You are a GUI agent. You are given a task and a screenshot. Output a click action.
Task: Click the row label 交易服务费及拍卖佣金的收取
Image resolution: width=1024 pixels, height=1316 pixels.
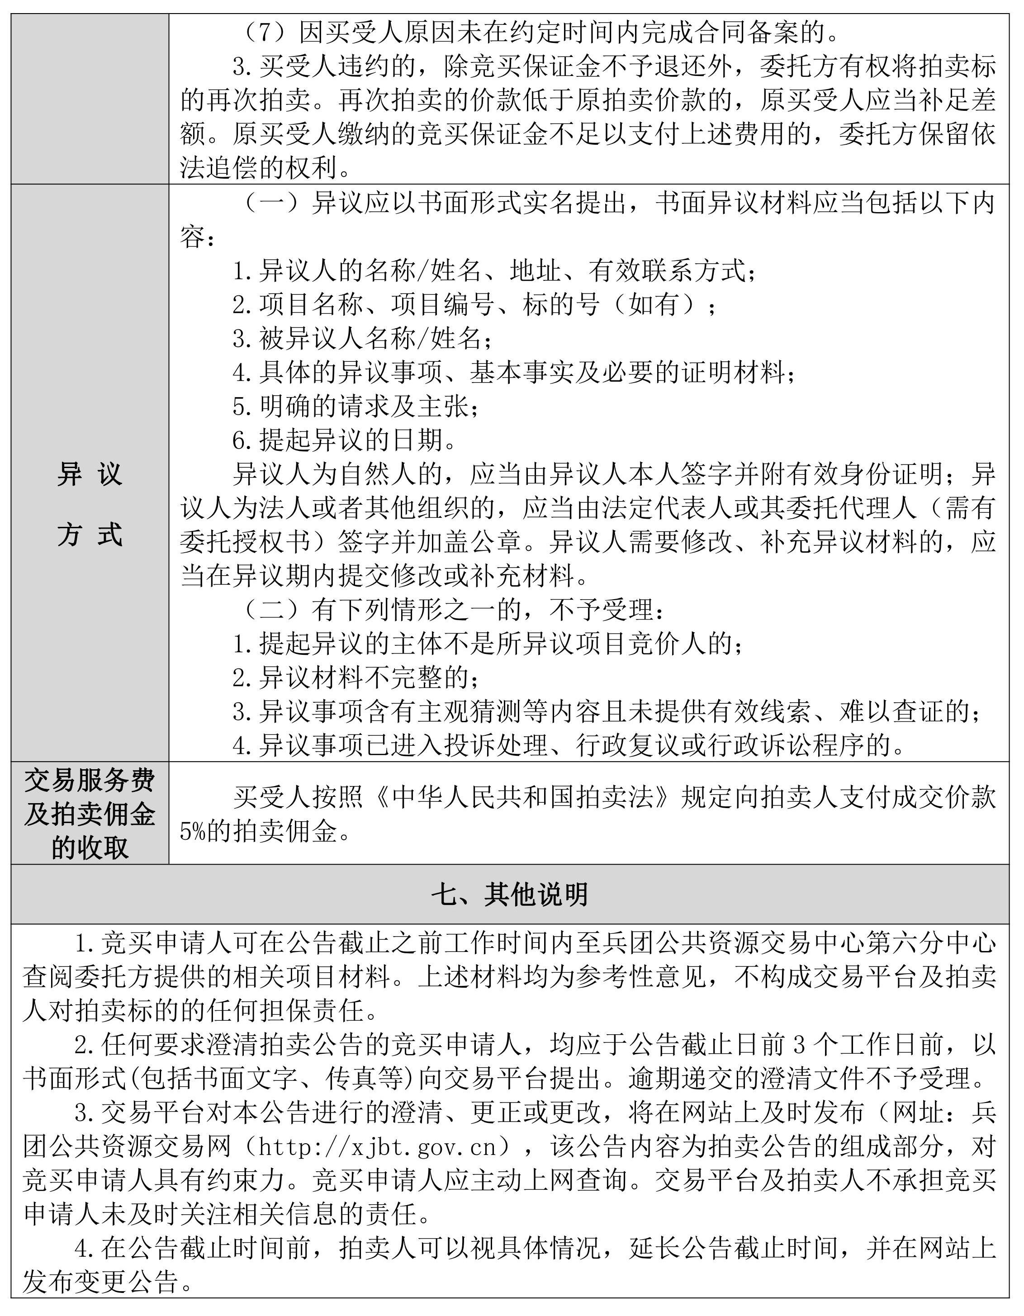[x=90, y=814]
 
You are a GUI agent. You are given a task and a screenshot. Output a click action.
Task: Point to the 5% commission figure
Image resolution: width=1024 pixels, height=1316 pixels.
[x=193, y=832]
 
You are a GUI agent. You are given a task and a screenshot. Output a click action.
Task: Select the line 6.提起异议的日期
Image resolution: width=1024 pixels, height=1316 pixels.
[x=344, y=440]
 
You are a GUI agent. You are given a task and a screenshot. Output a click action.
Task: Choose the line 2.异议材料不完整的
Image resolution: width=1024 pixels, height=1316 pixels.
[x=356, y=678]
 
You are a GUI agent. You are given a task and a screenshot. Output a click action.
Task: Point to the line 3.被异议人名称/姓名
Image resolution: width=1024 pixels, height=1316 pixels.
[x=362, y=339]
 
